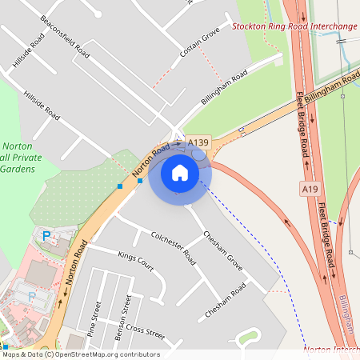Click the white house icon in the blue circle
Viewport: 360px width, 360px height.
(x=179, y=173)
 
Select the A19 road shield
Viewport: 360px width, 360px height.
(x=311, y=188)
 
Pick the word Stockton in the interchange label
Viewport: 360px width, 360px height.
(x=251, y=26)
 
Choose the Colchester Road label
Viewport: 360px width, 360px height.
(x=173, y=247)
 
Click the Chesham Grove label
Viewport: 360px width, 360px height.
(x=223, y=249)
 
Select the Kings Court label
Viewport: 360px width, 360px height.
(x=135, y=262)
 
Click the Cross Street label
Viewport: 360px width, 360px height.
(x=145, y=331)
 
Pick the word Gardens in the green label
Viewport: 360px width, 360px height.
(x=18, y=170)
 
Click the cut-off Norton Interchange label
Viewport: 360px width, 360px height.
(x=331, y=350)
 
